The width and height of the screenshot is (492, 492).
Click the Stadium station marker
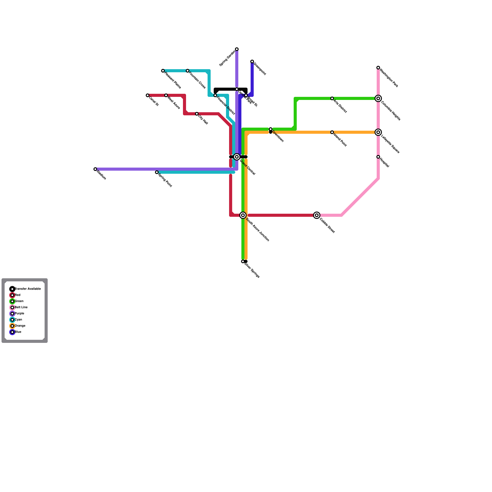95,169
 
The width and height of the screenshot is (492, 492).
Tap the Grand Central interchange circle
237,157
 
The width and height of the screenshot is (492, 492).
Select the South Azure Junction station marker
243,215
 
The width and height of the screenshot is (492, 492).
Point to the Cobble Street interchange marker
317,215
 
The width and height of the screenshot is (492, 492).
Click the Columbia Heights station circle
378,98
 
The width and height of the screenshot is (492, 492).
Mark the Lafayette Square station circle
378,132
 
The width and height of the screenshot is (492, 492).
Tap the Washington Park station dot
378,68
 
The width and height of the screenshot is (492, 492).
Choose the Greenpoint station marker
252,61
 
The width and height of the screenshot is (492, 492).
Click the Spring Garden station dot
237,49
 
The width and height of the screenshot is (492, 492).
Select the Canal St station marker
148,95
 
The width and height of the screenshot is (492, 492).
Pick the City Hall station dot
197,114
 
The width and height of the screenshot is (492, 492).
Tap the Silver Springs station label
252,270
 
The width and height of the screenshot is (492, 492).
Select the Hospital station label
385,163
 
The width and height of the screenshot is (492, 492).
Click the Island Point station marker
332,132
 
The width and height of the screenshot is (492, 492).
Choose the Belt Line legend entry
21,307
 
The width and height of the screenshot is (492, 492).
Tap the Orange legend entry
20,326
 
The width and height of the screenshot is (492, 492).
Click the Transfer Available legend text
28,289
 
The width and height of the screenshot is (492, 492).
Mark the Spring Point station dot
157,172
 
